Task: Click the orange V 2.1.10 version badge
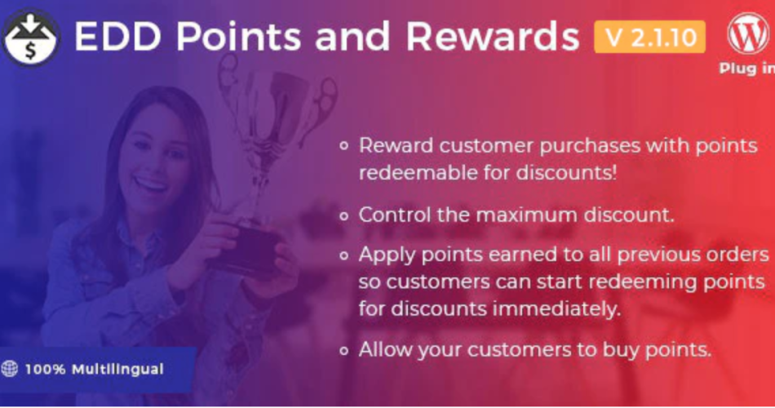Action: coord(649,37)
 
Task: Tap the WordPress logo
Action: coord(748,33)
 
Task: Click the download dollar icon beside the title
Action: coord(31,38)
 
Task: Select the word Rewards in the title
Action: coord(493,37)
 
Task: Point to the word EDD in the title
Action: coord(117,37)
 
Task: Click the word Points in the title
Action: coord(239,37)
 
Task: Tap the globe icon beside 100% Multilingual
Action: coord(10,369)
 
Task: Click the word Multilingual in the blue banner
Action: coord(117,370)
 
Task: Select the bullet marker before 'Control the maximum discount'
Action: coord(344,215)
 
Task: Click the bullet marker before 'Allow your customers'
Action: coord(344,351)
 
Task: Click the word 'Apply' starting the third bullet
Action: coord(387,255)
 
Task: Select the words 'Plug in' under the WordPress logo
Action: coord(746,69)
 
